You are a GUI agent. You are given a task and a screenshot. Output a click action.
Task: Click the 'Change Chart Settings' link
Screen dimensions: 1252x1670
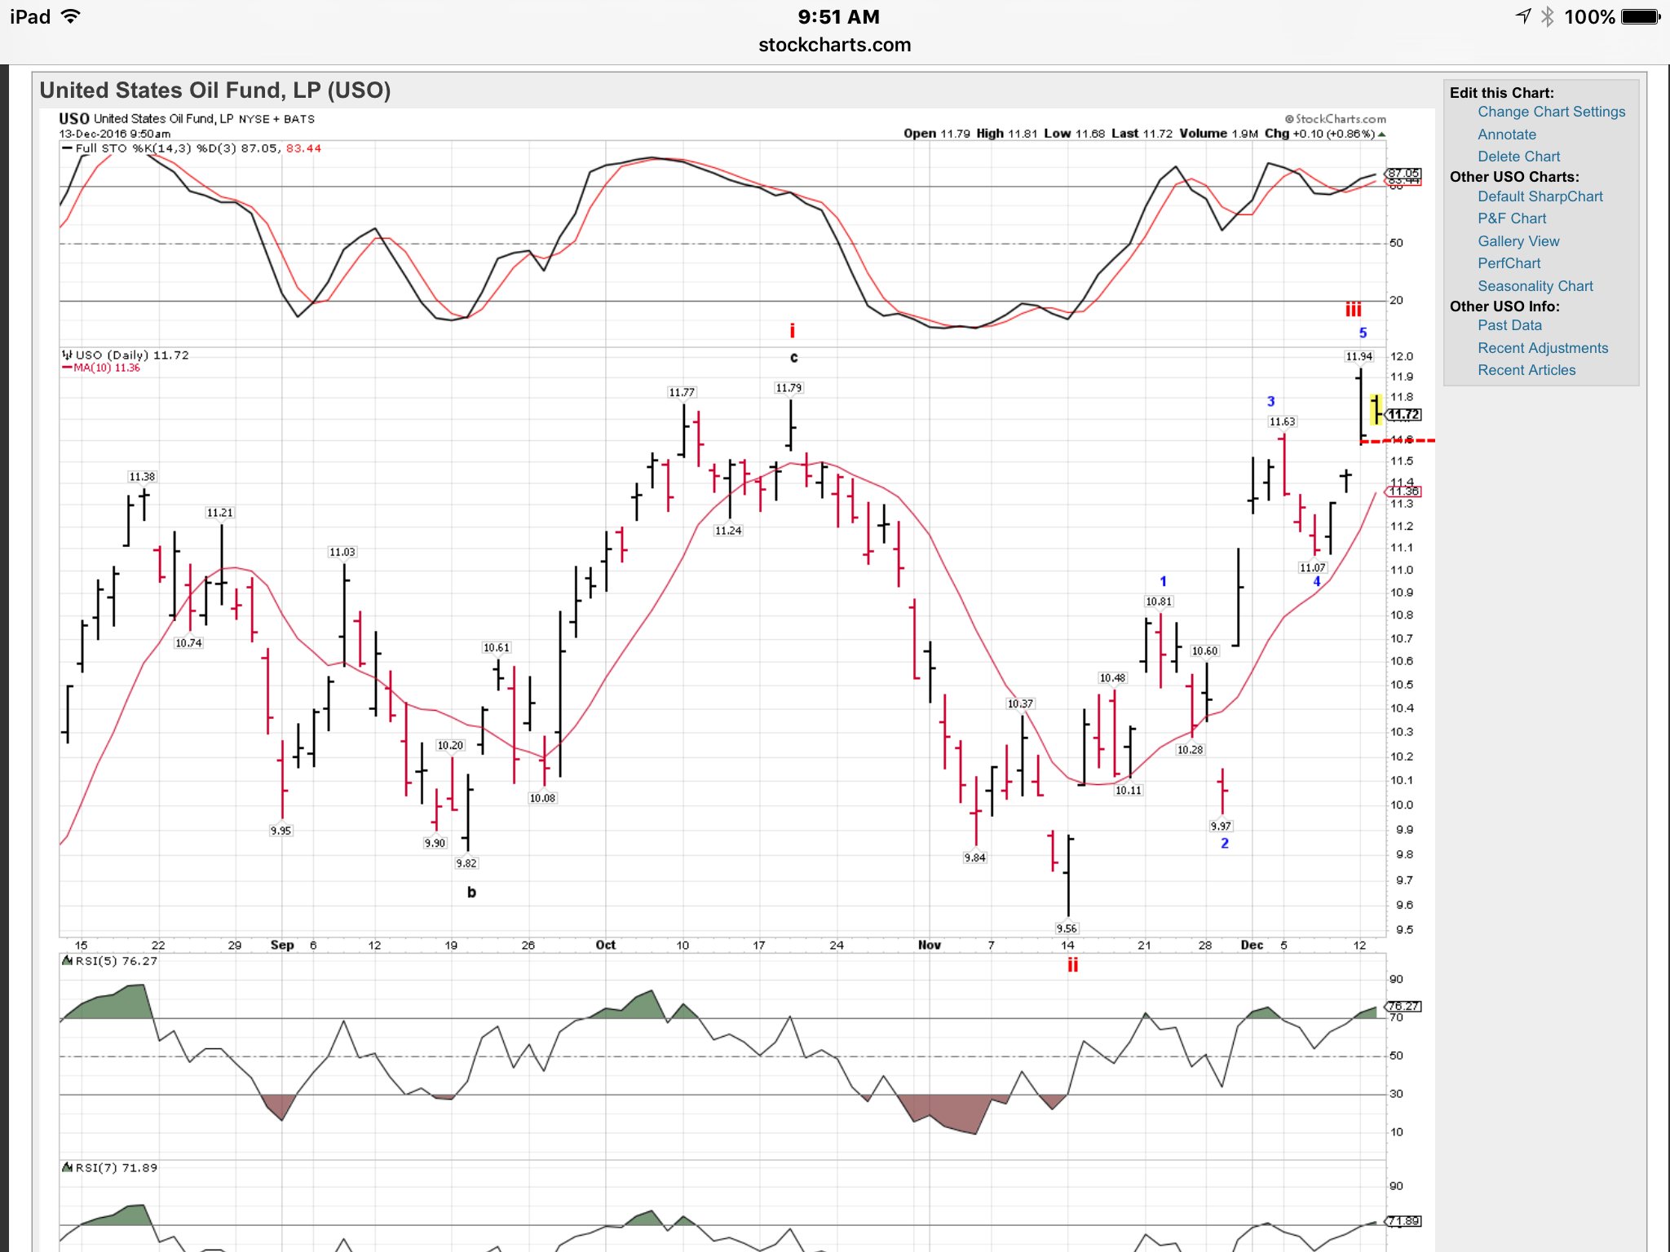tap(1551, 112)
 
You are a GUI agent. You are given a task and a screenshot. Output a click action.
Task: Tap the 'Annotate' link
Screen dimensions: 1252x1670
tap(1506, 134)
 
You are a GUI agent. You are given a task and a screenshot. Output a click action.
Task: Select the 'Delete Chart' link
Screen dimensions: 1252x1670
tap(1518, 156)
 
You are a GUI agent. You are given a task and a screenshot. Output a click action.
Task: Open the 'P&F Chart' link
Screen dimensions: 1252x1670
tap(1511, 218)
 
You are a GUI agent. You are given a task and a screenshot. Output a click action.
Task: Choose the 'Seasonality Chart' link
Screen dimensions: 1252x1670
tap(1535, 286)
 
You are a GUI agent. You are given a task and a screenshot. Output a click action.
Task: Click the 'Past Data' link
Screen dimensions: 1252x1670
tap(1509, 325)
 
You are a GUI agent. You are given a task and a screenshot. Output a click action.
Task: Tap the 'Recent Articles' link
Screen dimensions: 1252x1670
tap(1526, 370)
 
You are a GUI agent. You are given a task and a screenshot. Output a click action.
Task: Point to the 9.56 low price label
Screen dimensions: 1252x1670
tap(1066, 928)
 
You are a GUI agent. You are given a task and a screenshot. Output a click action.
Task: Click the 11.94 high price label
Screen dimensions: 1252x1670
tap(1359, 356)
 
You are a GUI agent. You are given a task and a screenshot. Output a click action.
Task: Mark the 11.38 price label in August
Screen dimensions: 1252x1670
tap(142, 477)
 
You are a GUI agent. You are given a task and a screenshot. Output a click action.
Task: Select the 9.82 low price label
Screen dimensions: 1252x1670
tap(466, 863)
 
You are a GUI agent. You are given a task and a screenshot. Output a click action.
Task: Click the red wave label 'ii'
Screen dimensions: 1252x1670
tap(1072, 965)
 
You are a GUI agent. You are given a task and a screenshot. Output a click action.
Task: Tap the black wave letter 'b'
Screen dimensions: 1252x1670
tap(471, 893)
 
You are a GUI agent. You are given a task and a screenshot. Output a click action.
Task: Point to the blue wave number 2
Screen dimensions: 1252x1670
tap(1224, 844)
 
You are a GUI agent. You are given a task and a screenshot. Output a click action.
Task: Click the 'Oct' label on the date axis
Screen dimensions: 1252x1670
tap(605, 946)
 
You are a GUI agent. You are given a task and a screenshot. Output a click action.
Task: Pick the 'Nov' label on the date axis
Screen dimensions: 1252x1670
tap(929, 946)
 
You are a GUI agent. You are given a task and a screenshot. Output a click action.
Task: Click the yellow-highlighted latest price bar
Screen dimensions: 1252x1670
tap(1376, 409)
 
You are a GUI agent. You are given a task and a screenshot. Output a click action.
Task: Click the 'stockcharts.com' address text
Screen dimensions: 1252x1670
tap(834, 45)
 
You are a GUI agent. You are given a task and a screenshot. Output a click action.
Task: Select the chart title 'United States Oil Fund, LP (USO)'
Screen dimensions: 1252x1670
tap(215, 90)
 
